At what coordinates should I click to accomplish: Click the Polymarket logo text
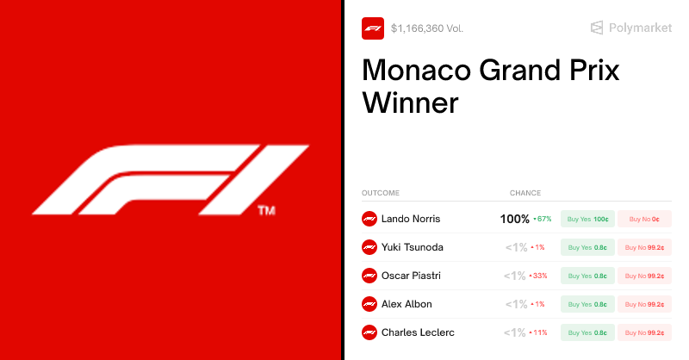click(x=640, y=28)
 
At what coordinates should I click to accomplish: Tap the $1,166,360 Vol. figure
click(x=427, y=28)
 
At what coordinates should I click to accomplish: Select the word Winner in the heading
click(x=411, y=103)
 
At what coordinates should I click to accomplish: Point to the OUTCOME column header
click(x=381, y=193)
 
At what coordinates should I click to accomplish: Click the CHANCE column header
click(x=525, y=193)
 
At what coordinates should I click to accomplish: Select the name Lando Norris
click(x=411, y=219)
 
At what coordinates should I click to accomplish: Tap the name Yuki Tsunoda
click(x=413, y=247)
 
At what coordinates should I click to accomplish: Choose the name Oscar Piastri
click(x=413, y=276)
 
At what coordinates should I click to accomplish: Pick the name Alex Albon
click(x=407, y=304)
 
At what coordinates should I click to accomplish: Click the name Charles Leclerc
click(x=418, y=332)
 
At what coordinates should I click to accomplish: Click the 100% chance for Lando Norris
click(x=515, y=219)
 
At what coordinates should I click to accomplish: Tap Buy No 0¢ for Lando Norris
click(x=644, y=219)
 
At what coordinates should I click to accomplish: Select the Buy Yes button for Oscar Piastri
click(x=587, y=276)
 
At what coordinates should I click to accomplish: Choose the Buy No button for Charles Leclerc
click(x=644, y=332)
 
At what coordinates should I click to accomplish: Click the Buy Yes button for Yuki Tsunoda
click(x=587, y=247)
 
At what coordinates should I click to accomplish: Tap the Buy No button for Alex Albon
click(x=644, y=304)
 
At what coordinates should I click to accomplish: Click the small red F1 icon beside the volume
click(x=373, y=28)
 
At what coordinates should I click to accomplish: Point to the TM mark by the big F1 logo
click(x=266, y=210)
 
